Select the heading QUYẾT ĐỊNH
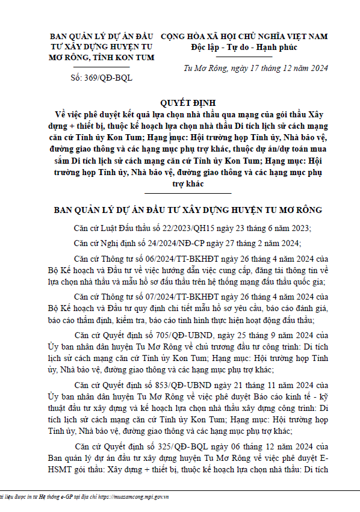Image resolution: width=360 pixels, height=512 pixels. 188,103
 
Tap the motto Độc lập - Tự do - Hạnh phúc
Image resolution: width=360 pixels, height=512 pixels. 244,47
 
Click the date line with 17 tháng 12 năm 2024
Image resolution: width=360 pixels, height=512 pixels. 255,68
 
